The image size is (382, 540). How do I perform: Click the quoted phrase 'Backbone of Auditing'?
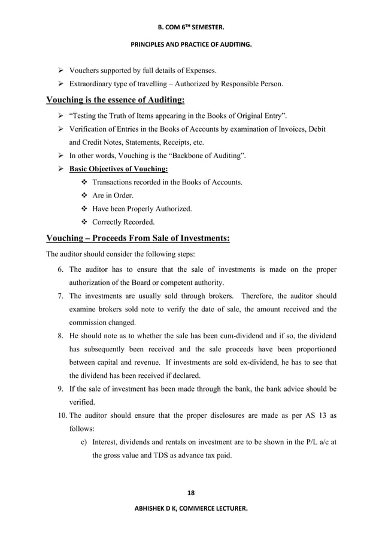[x=202, y=156]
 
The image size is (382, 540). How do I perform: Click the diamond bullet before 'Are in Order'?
[x=83, y=195]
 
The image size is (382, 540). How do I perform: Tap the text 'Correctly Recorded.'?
[x=120, y=222]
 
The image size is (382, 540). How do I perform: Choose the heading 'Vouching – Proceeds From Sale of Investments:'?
[x=138, y=238]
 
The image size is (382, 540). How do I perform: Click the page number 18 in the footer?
[x=190, y=493]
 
